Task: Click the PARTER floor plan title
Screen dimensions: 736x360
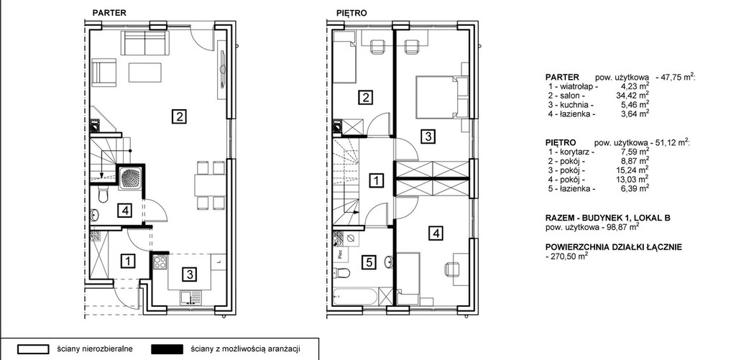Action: [x=109, y=13]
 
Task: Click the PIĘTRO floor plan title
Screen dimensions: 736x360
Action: [x=351, y=13]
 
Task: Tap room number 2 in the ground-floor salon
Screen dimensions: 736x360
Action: [x=179, y=116]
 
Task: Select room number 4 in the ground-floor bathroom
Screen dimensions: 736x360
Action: [x=124, y=211]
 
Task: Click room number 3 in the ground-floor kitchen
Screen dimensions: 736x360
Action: [x=189, y=274]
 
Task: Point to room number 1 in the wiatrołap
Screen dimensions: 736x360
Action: [x=127, y=261]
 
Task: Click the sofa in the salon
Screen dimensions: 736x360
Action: [x=145, y=43]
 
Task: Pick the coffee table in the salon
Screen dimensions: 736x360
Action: [x=145, y=73]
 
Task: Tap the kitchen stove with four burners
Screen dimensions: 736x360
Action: [x=160, y=262]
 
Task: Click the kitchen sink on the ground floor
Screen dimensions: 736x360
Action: [x=191, y=297]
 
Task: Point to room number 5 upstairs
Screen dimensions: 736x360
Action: [x=369, y=262]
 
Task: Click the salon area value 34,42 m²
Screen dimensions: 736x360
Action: [x=633, y=96]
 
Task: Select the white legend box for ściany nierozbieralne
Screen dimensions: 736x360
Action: [x=33, y=350]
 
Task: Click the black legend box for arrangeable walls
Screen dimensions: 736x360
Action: [x=167, y=350]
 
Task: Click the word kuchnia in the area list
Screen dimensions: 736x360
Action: [x=573, y=105]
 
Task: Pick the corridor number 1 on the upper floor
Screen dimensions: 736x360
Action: [x=377, y=180]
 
